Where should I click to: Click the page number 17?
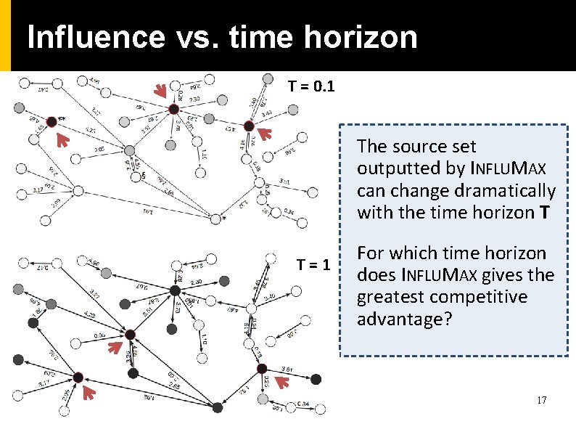[540, 401]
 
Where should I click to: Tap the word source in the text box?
[414, 147]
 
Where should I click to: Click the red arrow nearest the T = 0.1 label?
[264, 133]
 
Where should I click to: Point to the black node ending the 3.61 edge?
[316, 378]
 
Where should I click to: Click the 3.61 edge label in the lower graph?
[287, 370]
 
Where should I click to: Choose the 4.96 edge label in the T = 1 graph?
[93, 262]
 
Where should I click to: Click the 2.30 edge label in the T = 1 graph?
[195, 282]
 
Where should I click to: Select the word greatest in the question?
[388, 297]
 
